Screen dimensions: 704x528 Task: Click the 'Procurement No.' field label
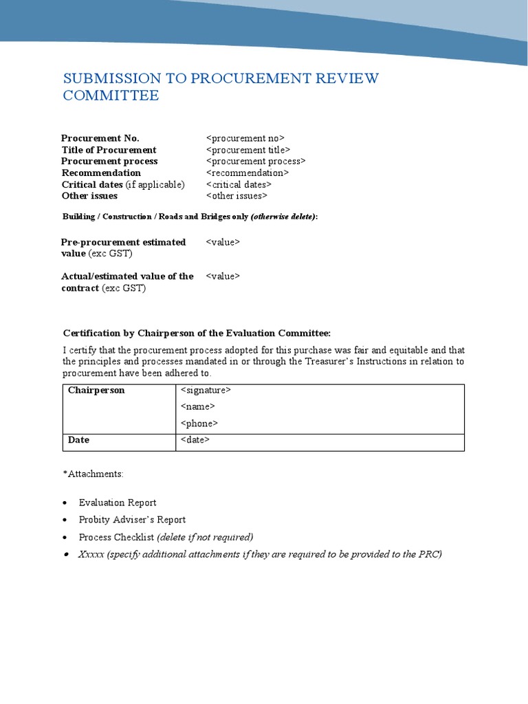pos(100,138)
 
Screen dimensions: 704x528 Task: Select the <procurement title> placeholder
pos(247,150)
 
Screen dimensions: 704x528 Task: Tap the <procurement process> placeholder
pos(256,161)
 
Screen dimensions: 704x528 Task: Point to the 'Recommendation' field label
pos(101,173)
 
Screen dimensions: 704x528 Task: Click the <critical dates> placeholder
pos(239,184)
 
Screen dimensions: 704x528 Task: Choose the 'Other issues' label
pos(89,196)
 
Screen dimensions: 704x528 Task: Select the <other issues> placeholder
pos(236,196)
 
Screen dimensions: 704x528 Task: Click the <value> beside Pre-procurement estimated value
pos(223,242)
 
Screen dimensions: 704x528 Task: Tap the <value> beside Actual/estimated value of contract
pos(223,276)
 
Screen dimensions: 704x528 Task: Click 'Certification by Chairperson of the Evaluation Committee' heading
pos(197,333)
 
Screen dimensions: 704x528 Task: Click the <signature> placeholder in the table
pos(206,390)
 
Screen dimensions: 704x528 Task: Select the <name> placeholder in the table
pos(198,407)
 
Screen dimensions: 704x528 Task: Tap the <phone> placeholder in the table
pos(199,423)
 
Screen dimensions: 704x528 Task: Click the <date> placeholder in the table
pos(195,440)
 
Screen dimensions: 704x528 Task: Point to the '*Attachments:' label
pos(93,474)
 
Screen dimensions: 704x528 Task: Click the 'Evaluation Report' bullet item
pos(118,503)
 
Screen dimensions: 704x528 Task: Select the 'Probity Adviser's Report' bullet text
pos(132,520)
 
